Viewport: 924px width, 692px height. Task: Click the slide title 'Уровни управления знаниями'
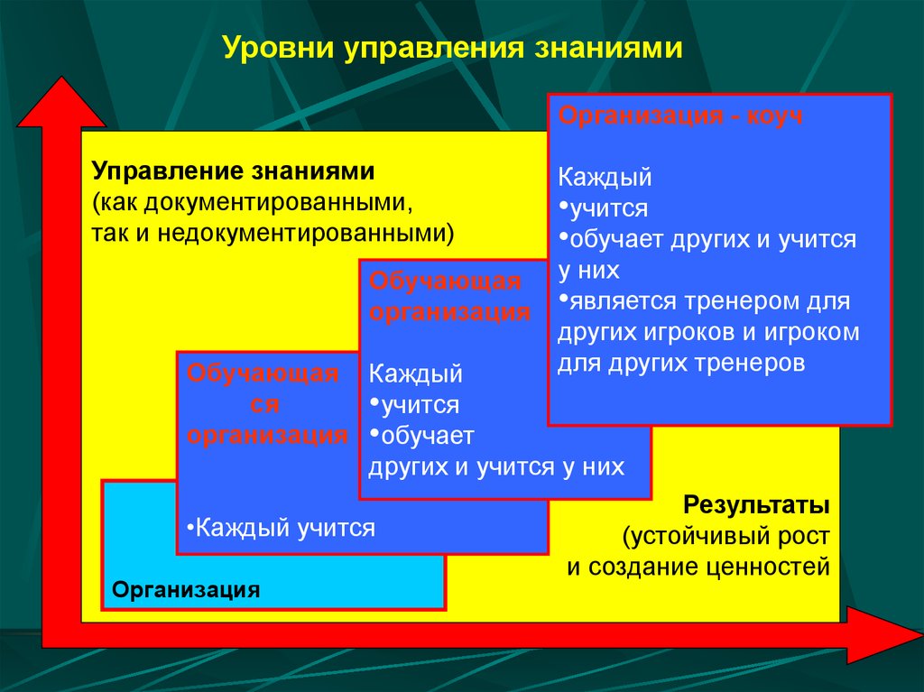click(x=451, y=47)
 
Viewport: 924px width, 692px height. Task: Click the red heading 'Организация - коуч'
click(x=680, y=116)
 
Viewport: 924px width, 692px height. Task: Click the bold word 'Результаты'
click(x=755, y=503)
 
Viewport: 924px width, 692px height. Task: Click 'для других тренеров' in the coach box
click(x=680, y=364)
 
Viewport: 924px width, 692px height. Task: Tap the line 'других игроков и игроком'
click(x=708, y=332)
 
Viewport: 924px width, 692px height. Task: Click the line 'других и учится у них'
click(x=496, y=466)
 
